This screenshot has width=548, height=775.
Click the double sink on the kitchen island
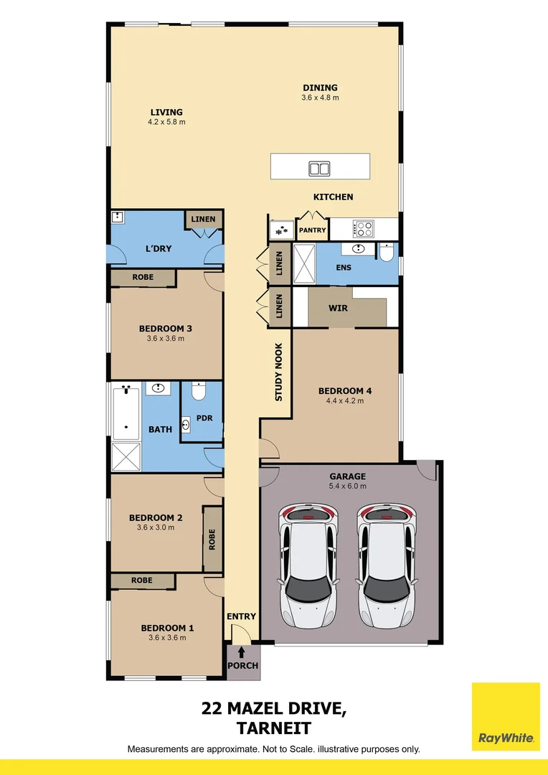(x=319, y=169)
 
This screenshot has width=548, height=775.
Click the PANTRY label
(x=312, y=230)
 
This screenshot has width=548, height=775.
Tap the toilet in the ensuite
(x=386, y=253)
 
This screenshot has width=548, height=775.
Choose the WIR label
(x=338, y=307)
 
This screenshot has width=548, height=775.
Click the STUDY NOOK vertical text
(x=279, y=372)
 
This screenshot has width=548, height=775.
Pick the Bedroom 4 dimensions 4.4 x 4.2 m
(x=345, y=401)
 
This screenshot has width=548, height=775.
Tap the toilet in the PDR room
(x=199, y=392)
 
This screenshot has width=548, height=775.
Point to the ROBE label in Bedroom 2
(x=212, y=539)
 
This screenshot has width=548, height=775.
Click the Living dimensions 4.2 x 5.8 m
(x=166, y=122)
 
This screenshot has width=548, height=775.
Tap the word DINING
(x=320, y=88)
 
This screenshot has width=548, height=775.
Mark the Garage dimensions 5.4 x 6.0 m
(x=348, y=486)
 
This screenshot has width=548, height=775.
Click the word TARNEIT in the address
(x=274, y=728)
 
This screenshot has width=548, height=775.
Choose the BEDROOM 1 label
(x=167, y=628)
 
